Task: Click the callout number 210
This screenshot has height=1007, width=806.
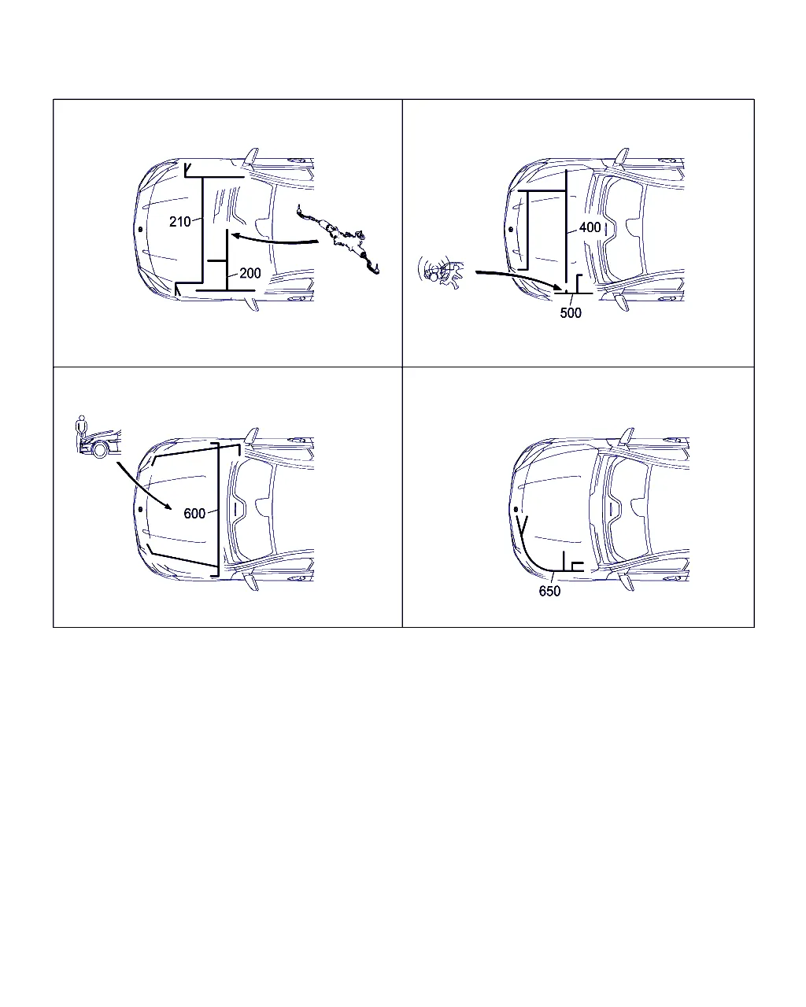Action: click(x=179, y=221)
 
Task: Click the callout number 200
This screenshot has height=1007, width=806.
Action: click(x=250, y=273)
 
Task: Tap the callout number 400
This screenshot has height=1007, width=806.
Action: click(x=590, y=227)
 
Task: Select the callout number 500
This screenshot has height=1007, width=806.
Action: click(x=571, y=313)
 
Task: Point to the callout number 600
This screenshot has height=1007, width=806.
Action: click(x=194, y=514)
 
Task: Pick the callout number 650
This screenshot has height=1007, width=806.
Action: click(x=549, y=592)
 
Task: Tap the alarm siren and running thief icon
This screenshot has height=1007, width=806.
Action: click(x=440, y=272)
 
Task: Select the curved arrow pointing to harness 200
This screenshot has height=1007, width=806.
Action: click(x=275, y=240)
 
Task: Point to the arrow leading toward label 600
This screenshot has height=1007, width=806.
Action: click(x=142, y=486)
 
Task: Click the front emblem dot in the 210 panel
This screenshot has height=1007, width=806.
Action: click(x=140, y=229)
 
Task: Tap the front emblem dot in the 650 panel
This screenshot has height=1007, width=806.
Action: click(x=516, y=509)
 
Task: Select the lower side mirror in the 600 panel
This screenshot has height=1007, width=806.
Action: click(x=252, y=583)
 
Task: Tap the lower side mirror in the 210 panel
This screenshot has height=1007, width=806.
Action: click(x=252, y=303)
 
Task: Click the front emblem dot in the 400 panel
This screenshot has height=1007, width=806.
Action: click(x=511, y=229)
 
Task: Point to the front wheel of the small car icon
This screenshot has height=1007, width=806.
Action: click(x=100, y=450)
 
